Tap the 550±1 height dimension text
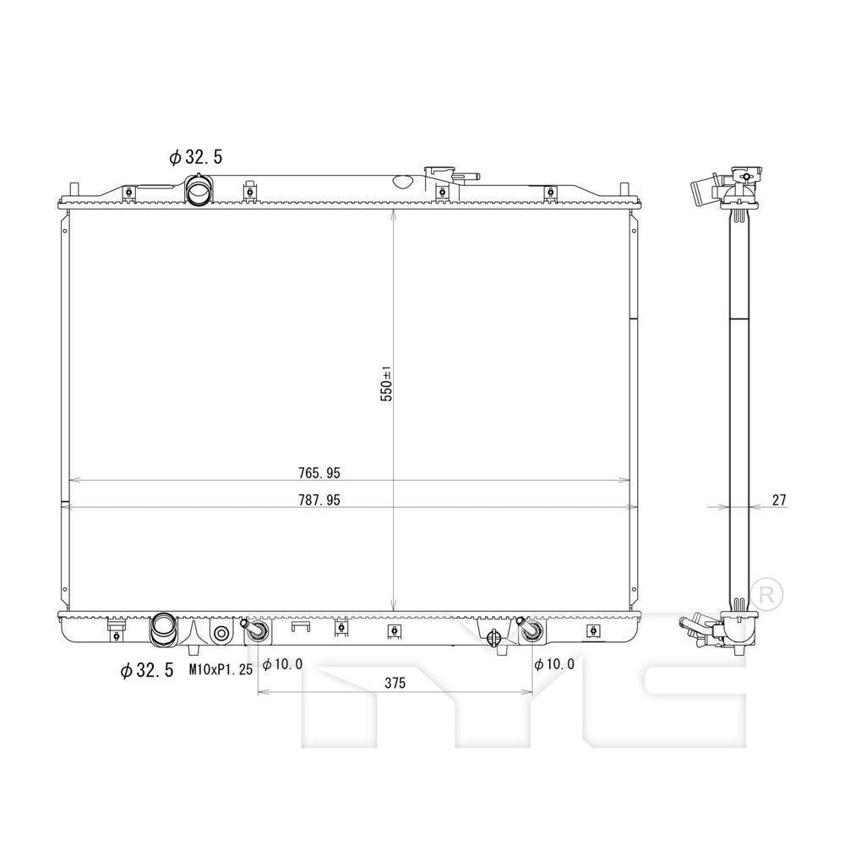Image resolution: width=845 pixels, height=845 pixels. click(x=386, y=384)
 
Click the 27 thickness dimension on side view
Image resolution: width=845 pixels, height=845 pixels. click(x=778, y=500)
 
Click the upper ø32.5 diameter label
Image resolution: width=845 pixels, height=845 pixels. click(x=195, y=156)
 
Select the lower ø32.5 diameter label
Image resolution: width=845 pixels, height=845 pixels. click(x=147, y=670)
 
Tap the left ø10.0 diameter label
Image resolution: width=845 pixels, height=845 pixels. click(x=282, y=664)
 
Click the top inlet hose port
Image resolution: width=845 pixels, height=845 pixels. click(x=200, y=190)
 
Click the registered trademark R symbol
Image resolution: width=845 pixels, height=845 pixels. click(x=766, y=591)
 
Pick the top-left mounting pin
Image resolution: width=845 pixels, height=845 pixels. click(x=74, y=189)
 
